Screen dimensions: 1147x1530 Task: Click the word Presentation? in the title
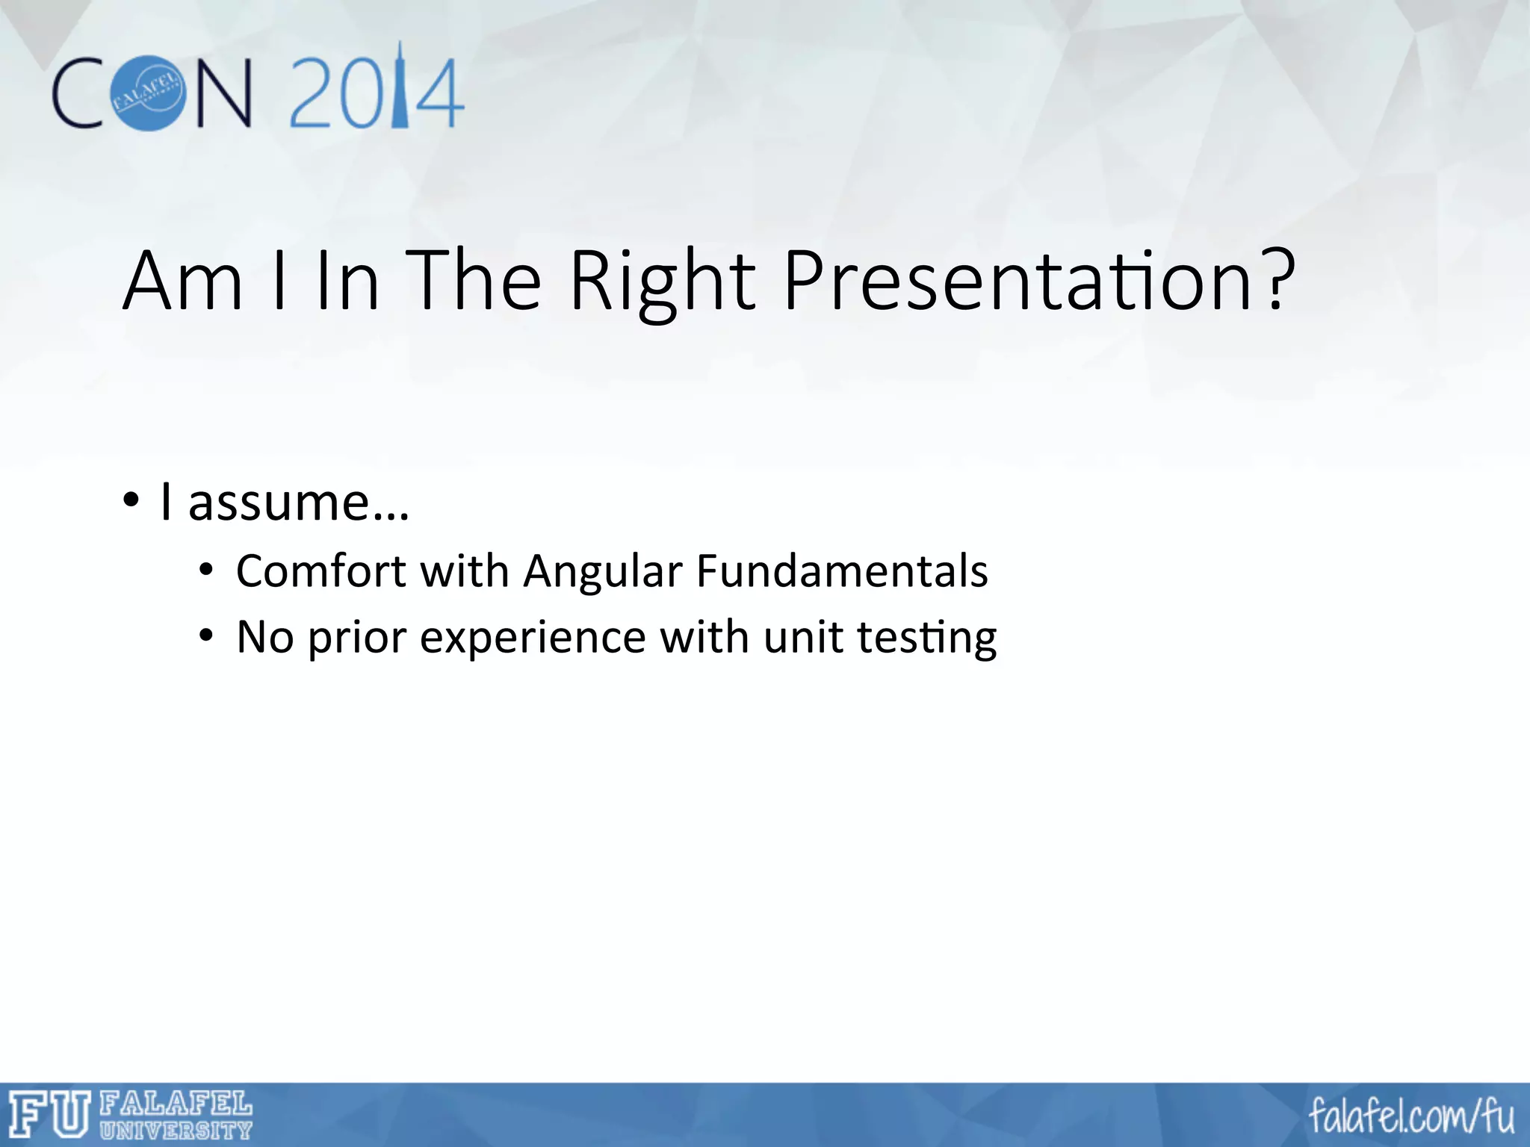[1038, 282]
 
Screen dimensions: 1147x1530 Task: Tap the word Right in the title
[662, 282]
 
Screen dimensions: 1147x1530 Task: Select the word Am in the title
[183, 282]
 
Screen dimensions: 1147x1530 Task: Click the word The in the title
[475, 282]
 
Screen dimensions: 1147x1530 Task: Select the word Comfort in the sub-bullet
[321, 571]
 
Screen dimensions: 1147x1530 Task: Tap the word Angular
[602, 571]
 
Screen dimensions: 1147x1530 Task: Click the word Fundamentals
[842, 571]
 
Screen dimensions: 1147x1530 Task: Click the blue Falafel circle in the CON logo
[147, 93]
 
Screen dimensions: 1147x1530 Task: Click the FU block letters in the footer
[49, 1115]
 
